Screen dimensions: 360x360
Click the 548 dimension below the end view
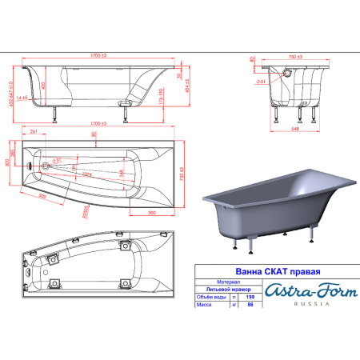point(298,127)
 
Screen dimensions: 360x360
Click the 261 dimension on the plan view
point(34,131)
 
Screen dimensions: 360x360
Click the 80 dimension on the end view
point(253,60)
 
